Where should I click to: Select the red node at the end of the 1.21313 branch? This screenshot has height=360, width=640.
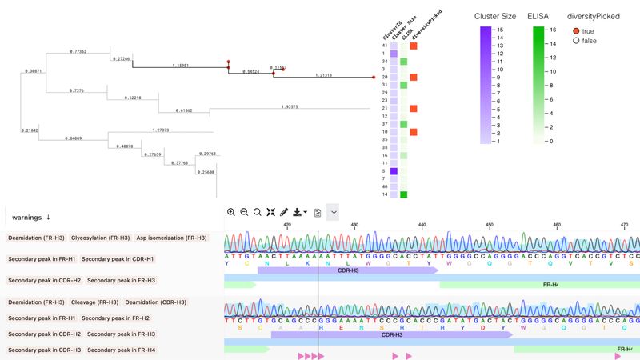click(374, 78)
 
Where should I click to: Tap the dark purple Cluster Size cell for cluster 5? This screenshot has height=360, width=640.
click(393, 171)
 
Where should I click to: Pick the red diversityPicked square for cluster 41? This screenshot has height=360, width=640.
click(414, 46)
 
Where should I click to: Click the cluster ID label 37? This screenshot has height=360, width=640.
click(385, 124)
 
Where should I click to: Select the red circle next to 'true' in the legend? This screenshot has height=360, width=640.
click(575, 30)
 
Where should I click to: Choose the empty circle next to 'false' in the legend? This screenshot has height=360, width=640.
click(575, 41)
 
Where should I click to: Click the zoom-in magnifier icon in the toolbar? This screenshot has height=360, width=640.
click(231, 212)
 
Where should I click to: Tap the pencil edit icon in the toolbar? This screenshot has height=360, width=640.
click(284, 212)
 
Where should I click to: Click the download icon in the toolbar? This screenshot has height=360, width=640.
click(298, 212)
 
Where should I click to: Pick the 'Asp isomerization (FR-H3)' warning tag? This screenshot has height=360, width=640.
click(172, 238)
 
